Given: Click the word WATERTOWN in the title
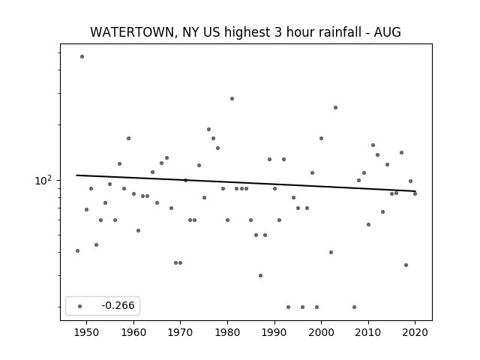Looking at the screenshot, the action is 133,32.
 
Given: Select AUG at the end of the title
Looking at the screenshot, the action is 387,32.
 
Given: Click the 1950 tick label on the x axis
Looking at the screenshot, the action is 87,332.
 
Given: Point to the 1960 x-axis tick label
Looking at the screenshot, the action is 133,332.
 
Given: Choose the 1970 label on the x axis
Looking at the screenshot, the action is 180,332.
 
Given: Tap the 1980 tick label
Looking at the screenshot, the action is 227,332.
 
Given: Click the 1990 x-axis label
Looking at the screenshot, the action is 274,332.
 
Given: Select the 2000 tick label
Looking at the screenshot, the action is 321,332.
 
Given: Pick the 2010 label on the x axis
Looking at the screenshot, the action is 368,332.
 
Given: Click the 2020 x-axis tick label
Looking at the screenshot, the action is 415,332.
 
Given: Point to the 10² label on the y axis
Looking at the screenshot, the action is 43,180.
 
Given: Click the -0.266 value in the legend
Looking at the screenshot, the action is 118,305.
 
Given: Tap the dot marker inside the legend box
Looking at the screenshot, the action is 80,306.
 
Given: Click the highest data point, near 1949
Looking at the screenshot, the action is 82,57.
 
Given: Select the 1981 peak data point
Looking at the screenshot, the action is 232,98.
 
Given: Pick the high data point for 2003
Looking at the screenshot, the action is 335,107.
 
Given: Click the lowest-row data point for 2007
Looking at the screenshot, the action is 354,307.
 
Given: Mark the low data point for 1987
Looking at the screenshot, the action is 260,275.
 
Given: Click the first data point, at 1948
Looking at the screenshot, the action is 77,250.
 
